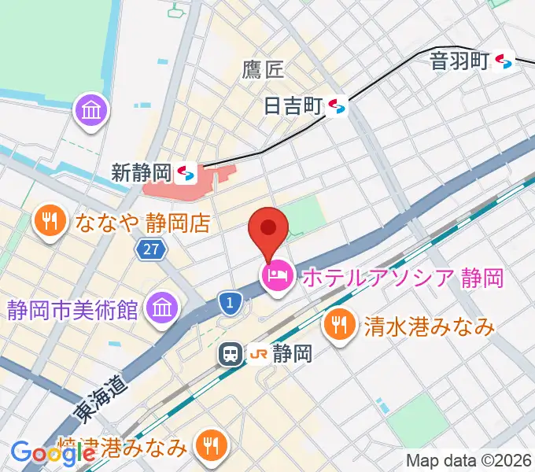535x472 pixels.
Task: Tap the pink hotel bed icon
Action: tap(276, 276)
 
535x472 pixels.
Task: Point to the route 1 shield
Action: tap(229, 301)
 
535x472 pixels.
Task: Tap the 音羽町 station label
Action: tap(459, 61)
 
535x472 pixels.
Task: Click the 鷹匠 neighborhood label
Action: tap(263, 70)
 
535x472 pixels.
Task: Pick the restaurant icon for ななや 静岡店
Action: tap(51, 223)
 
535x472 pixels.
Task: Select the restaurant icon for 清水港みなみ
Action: tap(339, 323)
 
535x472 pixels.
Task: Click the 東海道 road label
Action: tap(100, 396)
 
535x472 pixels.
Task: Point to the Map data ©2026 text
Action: tap(467, 459)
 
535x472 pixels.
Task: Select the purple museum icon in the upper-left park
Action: tap(92, 111)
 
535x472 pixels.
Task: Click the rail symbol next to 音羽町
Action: tap(506, 61)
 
